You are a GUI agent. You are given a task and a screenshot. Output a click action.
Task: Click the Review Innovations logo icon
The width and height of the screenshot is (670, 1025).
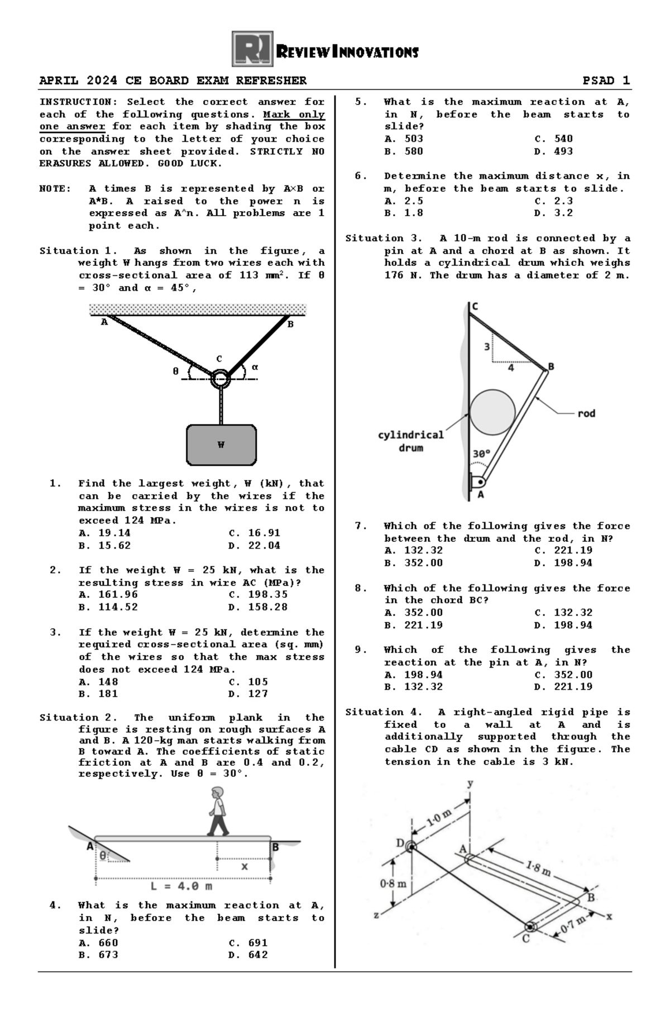[x=252, y=49]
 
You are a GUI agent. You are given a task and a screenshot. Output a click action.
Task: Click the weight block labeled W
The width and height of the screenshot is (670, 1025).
[x=221, y=445]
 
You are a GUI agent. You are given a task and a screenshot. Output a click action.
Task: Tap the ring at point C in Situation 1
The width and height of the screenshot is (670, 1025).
[x=221, y=379]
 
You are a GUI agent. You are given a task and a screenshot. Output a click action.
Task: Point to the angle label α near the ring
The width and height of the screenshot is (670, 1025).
[x=255, y=367]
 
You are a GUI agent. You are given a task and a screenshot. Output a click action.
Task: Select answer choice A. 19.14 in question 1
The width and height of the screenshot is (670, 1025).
[x=104, y=533]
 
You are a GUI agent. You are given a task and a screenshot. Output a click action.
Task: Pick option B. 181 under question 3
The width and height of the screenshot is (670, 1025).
[x=98, y=694]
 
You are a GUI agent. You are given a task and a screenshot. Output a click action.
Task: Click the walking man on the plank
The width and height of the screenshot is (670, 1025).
[x=218, y=811]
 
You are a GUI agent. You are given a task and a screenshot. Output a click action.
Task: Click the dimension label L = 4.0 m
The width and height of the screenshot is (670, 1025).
[x=181, y=886]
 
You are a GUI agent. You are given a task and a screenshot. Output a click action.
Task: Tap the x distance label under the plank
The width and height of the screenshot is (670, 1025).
[x=244, y=866]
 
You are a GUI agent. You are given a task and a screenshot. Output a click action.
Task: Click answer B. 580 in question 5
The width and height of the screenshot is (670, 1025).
[x=404, y=151]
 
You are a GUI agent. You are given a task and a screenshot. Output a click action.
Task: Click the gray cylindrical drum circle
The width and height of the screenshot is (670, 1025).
[x=492, y=412]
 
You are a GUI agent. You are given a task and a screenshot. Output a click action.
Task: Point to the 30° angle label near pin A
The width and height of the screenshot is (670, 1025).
[x=481, y=454]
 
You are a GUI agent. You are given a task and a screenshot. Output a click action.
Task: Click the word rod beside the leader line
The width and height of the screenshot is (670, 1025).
[x=586, y=413]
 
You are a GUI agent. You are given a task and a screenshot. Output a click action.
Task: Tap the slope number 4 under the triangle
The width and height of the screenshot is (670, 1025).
[x=510, y=368]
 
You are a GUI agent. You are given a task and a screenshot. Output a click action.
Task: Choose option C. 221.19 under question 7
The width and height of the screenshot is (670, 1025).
[x=563, y=550]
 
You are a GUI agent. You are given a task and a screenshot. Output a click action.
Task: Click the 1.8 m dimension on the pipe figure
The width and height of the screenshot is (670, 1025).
[x=538, y=869]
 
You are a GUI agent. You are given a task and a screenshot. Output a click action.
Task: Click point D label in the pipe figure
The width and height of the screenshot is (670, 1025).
[x=400, y=842]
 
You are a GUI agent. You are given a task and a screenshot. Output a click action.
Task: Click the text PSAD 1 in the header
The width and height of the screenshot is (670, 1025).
[x=606, y=80]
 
